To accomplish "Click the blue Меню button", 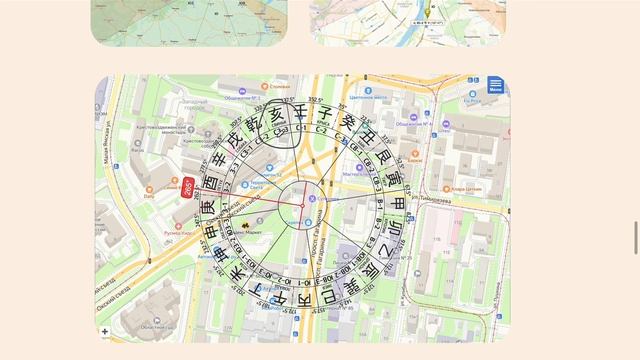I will click(496, 85).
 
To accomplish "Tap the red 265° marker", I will click(188, 186).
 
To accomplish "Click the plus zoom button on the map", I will click(105, 331).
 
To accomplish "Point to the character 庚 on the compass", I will click(208, 208).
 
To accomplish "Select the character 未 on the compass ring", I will click(237, 275).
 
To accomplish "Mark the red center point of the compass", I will click(302, 205).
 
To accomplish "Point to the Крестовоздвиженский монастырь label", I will click(155, 128).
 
